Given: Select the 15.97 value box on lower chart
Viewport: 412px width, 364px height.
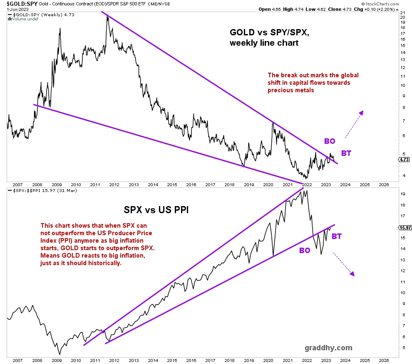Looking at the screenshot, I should (x=404, y=227).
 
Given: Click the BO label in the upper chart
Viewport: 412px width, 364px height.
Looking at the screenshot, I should (x=330, y=141).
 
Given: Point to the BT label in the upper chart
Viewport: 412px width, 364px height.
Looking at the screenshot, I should (x=346, y=153).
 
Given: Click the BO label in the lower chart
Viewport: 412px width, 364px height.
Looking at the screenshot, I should (x=305, y=251).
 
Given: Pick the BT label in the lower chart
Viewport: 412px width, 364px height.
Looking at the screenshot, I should (x=337, y=236).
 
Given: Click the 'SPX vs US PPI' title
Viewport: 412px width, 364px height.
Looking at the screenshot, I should (x=156, y=210).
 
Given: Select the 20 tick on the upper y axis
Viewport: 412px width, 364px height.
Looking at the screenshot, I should (x=402, y=17).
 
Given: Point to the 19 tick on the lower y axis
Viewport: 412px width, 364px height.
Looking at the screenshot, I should (x=402, y=194).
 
